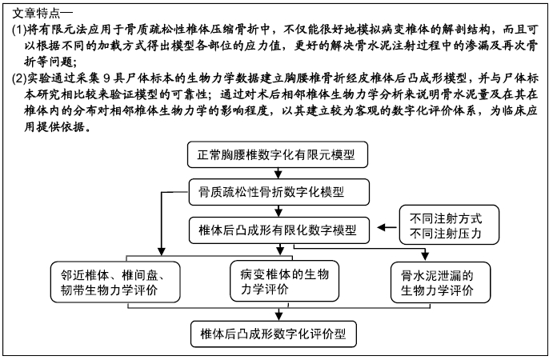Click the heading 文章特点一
(x=42, y=14)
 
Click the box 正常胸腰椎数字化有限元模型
(x=278, y=154)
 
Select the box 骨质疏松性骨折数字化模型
(x=279, y=192)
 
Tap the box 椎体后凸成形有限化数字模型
(x=279, y=230)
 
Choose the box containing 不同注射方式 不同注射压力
(x=449, y=225)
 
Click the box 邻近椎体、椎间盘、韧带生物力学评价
(x=115, y=282)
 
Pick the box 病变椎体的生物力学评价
(x=284, y=282)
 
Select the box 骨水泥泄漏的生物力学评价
(x=440, y=282)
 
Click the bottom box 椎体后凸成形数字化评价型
(x=274, y=334)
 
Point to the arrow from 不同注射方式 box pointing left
(x=387, y=227)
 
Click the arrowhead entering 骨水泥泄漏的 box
(x=425, y=257)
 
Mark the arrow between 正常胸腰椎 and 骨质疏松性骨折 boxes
(x=279, y=174)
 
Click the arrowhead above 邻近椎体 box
(x=161, y=250)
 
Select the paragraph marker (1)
(x=19, y=30)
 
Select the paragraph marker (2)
(x=19, y=78)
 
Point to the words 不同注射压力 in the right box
(x=446, y=233)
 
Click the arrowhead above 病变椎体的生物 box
(x=280, y=250)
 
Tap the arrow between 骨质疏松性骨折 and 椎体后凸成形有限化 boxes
(x=279, y=211)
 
